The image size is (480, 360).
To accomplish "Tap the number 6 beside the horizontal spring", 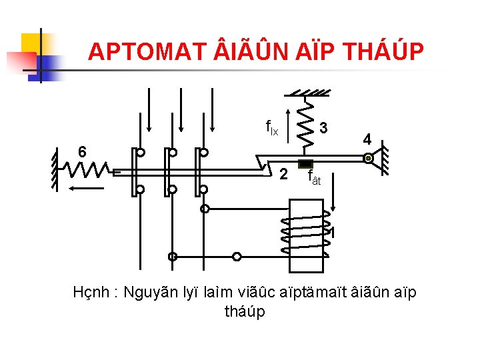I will coord(81,151).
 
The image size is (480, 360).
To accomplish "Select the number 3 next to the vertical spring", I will coord(323,127).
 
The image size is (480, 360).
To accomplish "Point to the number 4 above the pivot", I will coord(367,140).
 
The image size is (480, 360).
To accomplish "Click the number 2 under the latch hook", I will coord(283,175).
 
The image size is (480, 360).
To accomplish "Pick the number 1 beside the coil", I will coord(331,233).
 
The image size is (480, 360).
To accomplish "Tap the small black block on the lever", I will coord(305,164).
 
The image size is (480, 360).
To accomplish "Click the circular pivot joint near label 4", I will coord(367,159).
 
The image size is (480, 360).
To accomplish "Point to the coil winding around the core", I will coord(307,235).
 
